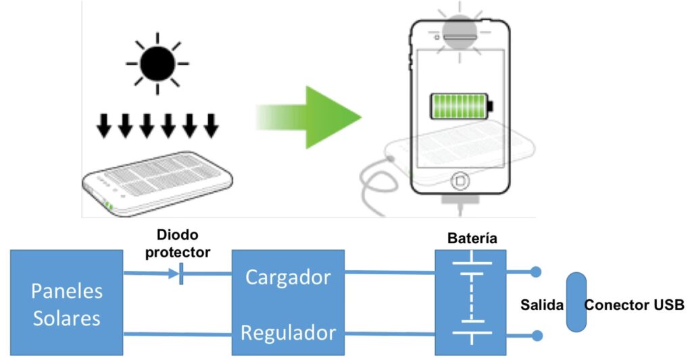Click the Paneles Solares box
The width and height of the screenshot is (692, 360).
tap(67, 303)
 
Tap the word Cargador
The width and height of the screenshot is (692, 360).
tap(288, 277)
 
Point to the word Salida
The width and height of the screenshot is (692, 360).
tap(542, 304)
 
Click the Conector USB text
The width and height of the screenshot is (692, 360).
tap(634, 304)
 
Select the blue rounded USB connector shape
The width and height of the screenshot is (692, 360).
tap(576, 302)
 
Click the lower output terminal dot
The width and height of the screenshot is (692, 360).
tap(536, 334)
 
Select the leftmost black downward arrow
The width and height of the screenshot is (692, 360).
tap(103, 126)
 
